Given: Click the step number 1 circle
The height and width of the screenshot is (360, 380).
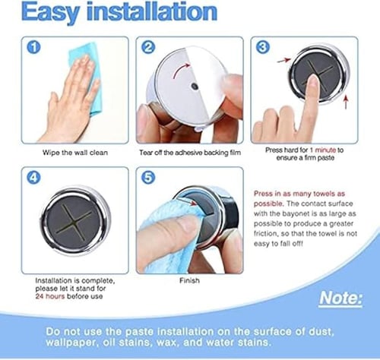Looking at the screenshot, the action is [33, 47].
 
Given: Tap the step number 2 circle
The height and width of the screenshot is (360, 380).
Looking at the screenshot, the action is [148, 47].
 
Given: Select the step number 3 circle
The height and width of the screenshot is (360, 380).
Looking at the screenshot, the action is [263, 47].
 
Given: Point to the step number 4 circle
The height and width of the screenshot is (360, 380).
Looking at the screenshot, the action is [33, 178].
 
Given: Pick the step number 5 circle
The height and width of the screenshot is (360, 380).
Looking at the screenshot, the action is [148, 178].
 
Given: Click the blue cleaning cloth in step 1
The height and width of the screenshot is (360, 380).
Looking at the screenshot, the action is [87, 74].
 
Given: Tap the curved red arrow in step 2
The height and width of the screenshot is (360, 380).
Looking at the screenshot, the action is [180, 70].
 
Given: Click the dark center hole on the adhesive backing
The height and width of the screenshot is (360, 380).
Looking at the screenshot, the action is [195, 86].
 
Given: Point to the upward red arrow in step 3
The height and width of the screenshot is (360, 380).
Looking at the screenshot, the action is [346, 103].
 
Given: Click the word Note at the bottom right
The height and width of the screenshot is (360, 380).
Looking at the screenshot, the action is [340, 298].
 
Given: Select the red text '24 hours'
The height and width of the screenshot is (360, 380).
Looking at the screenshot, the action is [50, 296].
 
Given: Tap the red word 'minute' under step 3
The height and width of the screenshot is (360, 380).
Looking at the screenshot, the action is [325, 150].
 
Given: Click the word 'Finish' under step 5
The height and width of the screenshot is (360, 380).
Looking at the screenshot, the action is [189, 280].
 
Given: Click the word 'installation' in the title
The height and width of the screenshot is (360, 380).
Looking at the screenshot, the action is [152, 11].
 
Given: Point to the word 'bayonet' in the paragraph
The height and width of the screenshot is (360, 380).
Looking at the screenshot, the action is [295, 214].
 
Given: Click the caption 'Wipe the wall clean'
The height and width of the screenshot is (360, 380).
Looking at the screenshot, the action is [75, 153].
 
